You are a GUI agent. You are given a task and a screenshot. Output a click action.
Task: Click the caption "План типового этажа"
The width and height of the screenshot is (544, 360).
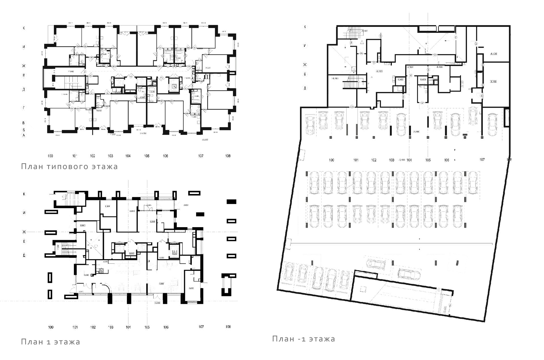(69, 167)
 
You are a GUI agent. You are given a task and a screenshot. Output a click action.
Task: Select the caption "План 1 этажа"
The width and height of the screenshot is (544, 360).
(51, 342)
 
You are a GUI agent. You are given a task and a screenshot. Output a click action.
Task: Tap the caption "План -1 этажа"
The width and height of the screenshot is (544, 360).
(304, 339)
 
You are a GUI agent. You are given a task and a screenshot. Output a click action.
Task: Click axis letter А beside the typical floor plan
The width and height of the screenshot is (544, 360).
(24, 135)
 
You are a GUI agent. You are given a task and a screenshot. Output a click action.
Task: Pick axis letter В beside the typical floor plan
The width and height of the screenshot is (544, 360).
(24, 123)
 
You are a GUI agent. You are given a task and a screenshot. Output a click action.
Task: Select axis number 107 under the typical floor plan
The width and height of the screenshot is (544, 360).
(201, 156)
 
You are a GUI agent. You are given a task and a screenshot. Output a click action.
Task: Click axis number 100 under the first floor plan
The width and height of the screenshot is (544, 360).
(51, 327)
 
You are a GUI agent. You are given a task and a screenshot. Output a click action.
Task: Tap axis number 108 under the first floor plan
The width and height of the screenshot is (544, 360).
(228, 327)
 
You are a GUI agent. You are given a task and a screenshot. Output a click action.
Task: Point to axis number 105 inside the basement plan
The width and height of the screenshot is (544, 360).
(428, 160)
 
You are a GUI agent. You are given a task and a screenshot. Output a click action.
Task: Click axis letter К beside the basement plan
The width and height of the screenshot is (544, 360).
(305, 27)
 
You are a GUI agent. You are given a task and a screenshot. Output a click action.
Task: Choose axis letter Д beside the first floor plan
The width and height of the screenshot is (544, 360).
(24, 255)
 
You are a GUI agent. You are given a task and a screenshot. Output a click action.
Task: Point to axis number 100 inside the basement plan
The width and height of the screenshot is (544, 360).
(331, 160)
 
